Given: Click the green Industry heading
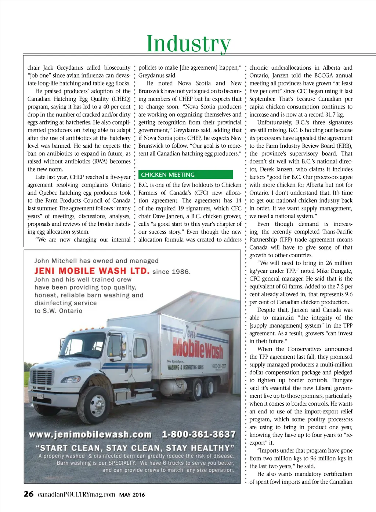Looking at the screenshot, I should [188, 44].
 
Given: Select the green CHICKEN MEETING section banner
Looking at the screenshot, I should [185, 175].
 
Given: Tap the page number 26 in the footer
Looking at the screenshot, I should [28, 494].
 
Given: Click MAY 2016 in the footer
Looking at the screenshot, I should [132, 495].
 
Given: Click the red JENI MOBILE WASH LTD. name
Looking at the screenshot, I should [92, 271].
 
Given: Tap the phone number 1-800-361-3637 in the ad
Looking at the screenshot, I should [199, 434].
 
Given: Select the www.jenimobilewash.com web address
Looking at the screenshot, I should [90, 435].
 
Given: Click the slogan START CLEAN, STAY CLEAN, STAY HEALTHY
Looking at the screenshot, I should [135, 448].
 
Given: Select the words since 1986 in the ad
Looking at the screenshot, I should [171, 272].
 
